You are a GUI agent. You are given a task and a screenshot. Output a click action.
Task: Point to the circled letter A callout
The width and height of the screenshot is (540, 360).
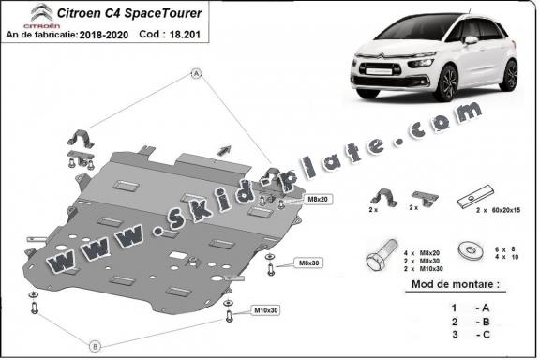(196, 73)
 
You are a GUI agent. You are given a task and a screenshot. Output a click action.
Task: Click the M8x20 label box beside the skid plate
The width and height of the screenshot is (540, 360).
(292, 200)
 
